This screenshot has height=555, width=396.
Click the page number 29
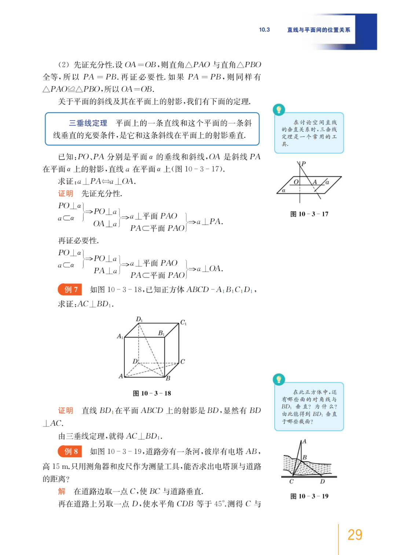[355, 534]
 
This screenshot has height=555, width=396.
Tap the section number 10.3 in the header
[264, 30]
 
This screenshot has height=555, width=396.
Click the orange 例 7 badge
[70, 289]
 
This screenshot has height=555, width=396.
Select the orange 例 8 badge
[70, 451]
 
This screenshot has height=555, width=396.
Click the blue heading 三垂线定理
[88, 123]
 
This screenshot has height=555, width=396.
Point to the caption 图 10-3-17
[309, 214]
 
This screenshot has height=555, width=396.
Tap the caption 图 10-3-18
[152, 393]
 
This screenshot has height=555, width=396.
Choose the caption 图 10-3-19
[309, 496]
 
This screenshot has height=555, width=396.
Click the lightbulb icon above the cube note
[279, 380]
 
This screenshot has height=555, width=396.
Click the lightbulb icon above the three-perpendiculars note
[279, 110]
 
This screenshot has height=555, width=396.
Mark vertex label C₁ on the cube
[183, 322]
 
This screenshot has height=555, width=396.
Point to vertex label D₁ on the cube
[139, 319]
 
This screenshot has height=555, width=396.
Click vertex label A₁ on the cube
[120, 336]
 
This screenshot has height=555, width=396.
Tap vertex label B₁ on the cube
[161, 333]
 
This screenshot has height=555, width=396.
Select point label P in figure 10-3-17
[304, 163]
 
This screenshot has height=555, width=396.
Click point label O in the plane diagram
[296, 182]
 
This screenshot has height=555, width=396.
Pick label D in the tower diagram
[322, 481]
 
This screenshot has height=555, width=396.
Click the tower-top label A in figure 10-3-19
[304, 441]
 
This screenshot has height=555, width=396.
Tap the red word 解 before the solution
[62, 491]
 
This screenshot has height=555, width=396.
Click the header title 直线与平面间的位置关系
[318, 30]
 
